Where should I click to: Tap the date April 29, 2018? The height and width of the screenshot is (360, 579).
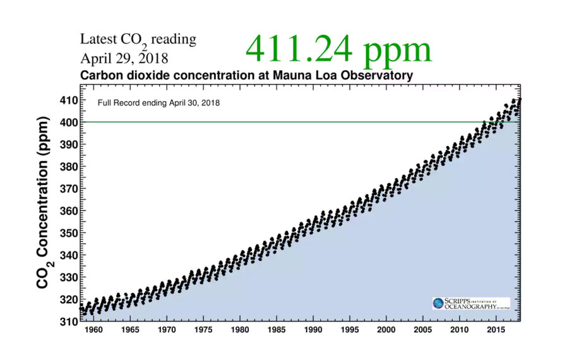click(124, 59)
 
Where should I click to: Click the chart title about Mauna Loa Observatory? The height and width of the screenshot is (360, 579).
click(246, 76)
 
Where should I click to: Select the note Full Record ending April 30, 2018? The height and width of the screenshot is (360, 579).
click(158, 102)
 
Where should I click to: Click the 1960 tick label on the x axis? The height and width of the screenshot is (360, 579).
click(93, 330)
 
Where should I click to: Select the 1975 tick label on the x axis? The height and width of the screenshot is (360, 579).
click(203, 330)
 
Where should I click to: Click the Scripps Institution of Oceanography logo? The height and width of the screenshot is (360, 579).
click(471, 304)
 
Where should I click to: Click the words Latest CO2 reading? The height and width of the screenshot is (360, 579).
click(138, 40)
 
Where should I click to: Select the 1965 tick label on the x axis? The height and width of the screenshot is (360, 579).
click(130, 330)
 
